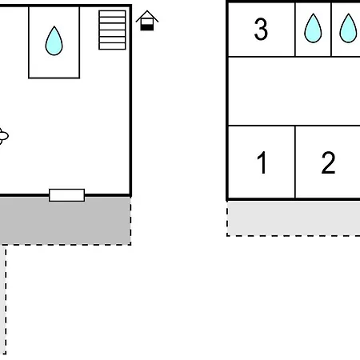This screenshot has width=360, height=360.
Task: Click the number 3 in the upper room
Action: (x=261, y=29)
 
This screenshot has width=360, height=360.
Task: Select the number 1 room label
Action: (x=262, y=162)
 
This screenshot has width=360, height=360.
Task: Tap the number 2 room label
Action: (x=328, y=162)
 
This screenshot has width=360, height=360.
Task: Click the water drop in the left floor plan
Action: (x=54, y=41)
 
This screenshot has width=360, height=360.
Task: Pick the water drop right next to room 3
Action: (x=313, y=28)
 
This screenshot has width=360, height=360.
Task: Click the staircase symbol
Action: (x=112, y=30)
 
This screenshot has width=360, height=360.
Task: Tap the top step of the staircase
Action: (x=112, y=14)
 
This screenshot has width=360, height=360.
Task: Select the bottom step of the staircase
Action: (x=112, y=46)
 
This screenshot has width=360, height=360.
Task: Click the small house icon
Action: (x=147, y=21)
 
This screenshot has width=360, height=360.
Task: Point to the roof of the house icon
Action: (x=147, y=15)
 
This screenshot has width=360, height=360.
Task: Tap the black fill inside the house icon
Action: (x=147, y=27)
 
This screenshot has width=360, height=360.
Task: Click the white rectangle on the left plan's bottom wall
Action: (x=66, y=195)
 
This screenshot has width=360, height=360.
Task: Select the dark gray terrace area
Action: (x=65, y=221)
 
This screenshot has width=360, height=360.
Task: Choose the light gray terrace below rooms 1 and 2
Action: (x=294, y=218)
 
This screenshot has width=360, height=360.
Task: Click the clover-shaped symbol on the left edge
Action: (x=3, y=136)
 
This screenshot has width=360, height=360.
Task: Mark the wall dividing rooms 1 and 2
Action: (x=295, y=162)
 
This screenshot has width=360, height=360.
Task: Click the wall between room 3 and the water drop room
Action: (x=295, y=30)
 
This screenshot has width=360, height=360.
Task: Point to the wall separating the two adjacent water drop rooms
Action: (x=331, y=30)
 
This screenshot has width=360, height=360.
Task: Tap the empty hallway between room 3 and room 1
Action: (x=294, y=91)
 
